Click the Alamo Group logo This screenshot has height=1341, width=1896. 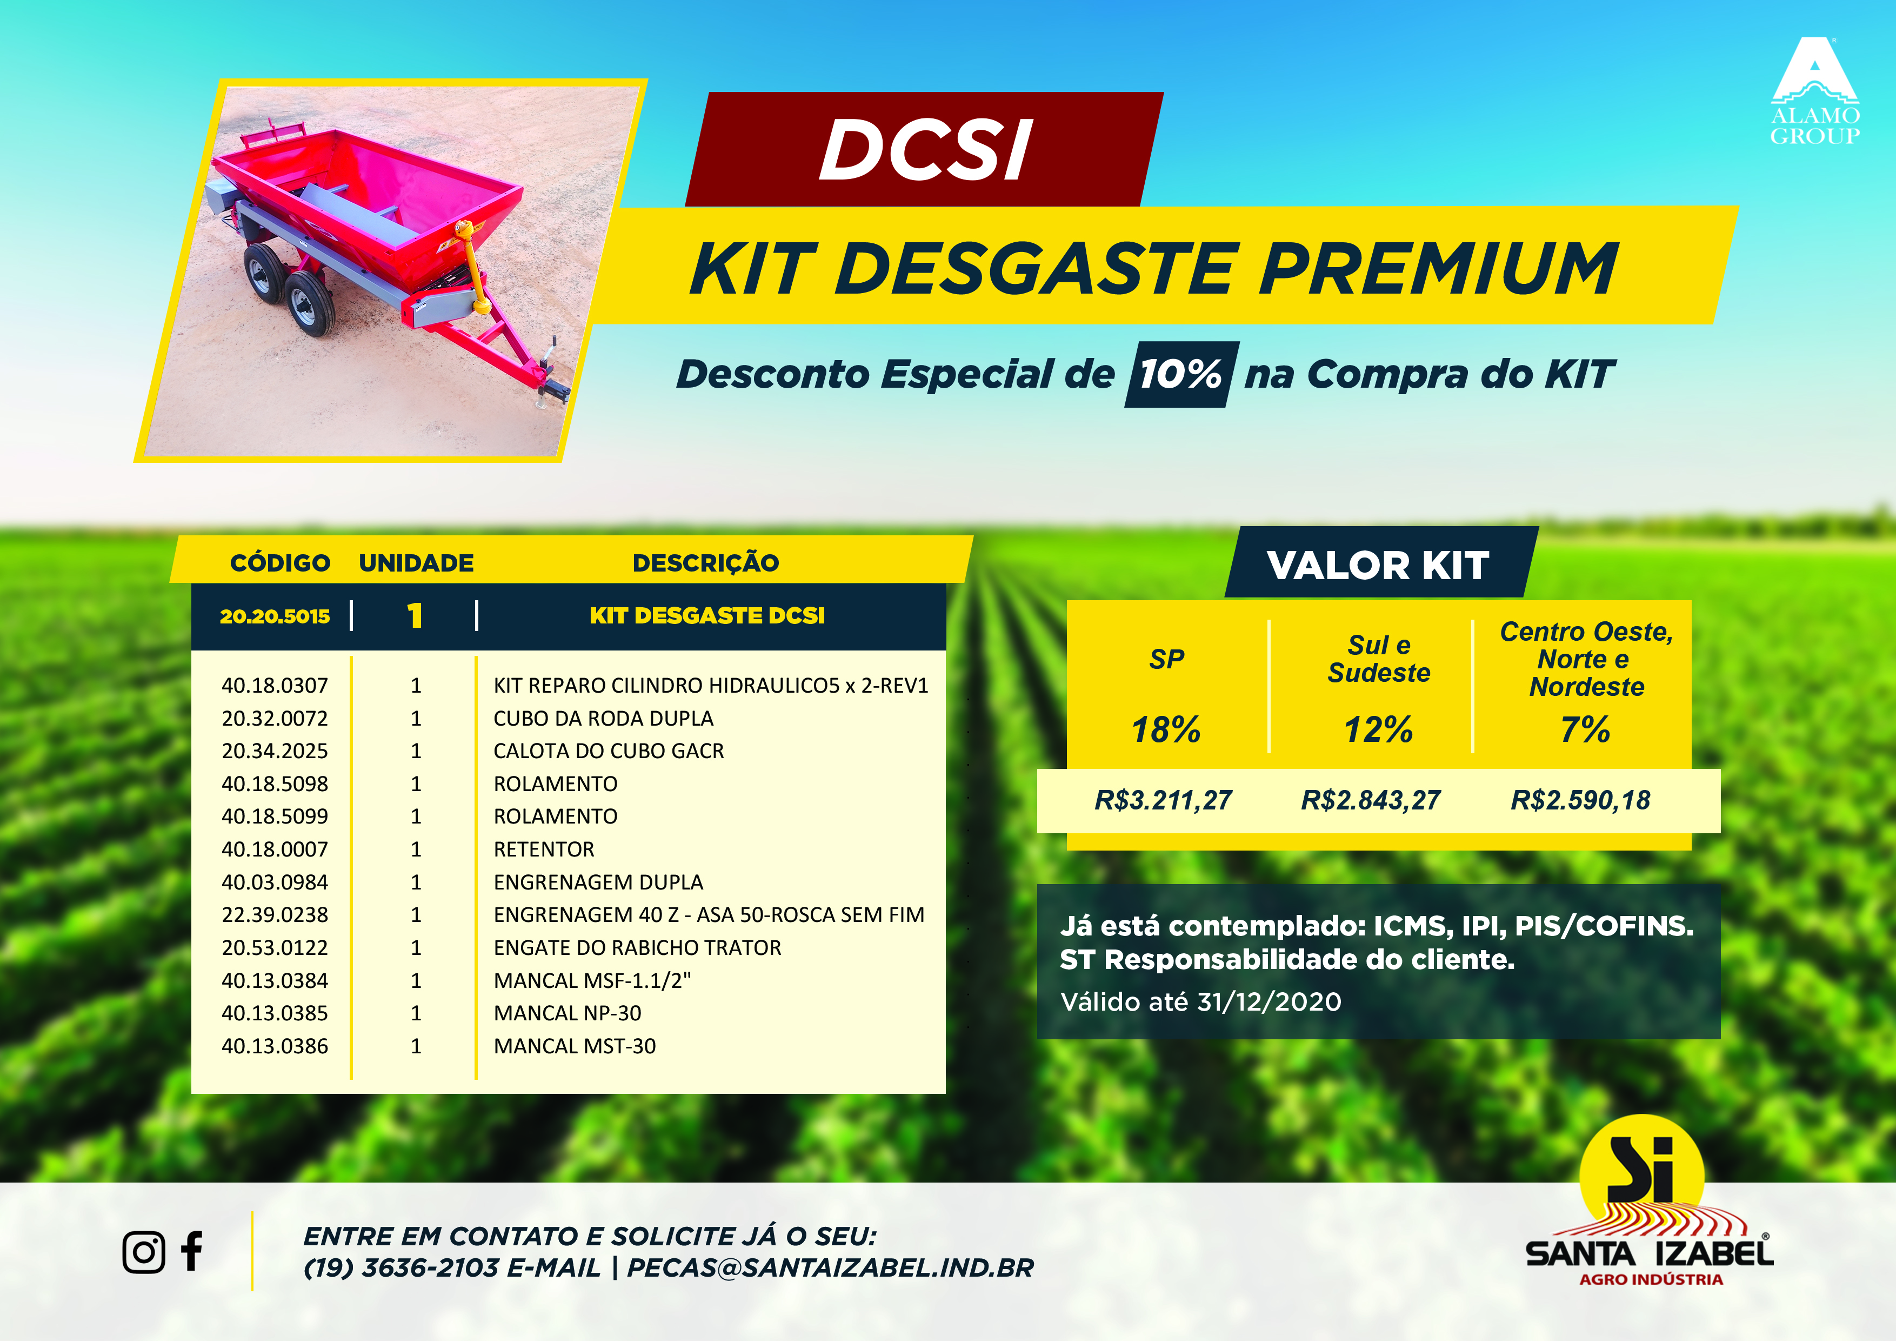click(x=1814, y=91)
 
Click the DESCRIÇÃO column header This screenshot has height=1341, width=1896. click(x=705, y=563)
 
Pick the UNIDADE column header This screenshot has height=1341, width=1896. click(x=416, y=563)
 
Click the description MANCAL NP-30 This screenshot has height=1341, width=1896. click(x=568, y=1013)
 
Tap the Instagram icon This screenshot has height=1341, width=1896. click(x=144, y=1252)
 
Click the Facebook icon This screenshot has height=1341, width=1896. click(x=191, y=1251)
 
